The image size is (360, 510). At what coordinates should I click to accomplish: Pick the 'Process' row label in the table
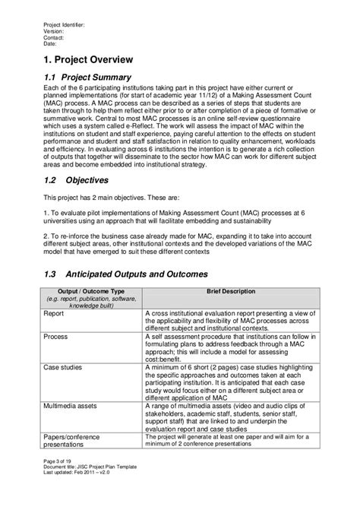point(55,334)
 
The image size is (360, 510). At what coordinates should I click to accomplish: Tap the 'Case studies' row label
point(65,367)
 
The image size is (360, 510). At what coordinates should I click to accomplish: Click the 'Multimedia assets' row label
point(74,408)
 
